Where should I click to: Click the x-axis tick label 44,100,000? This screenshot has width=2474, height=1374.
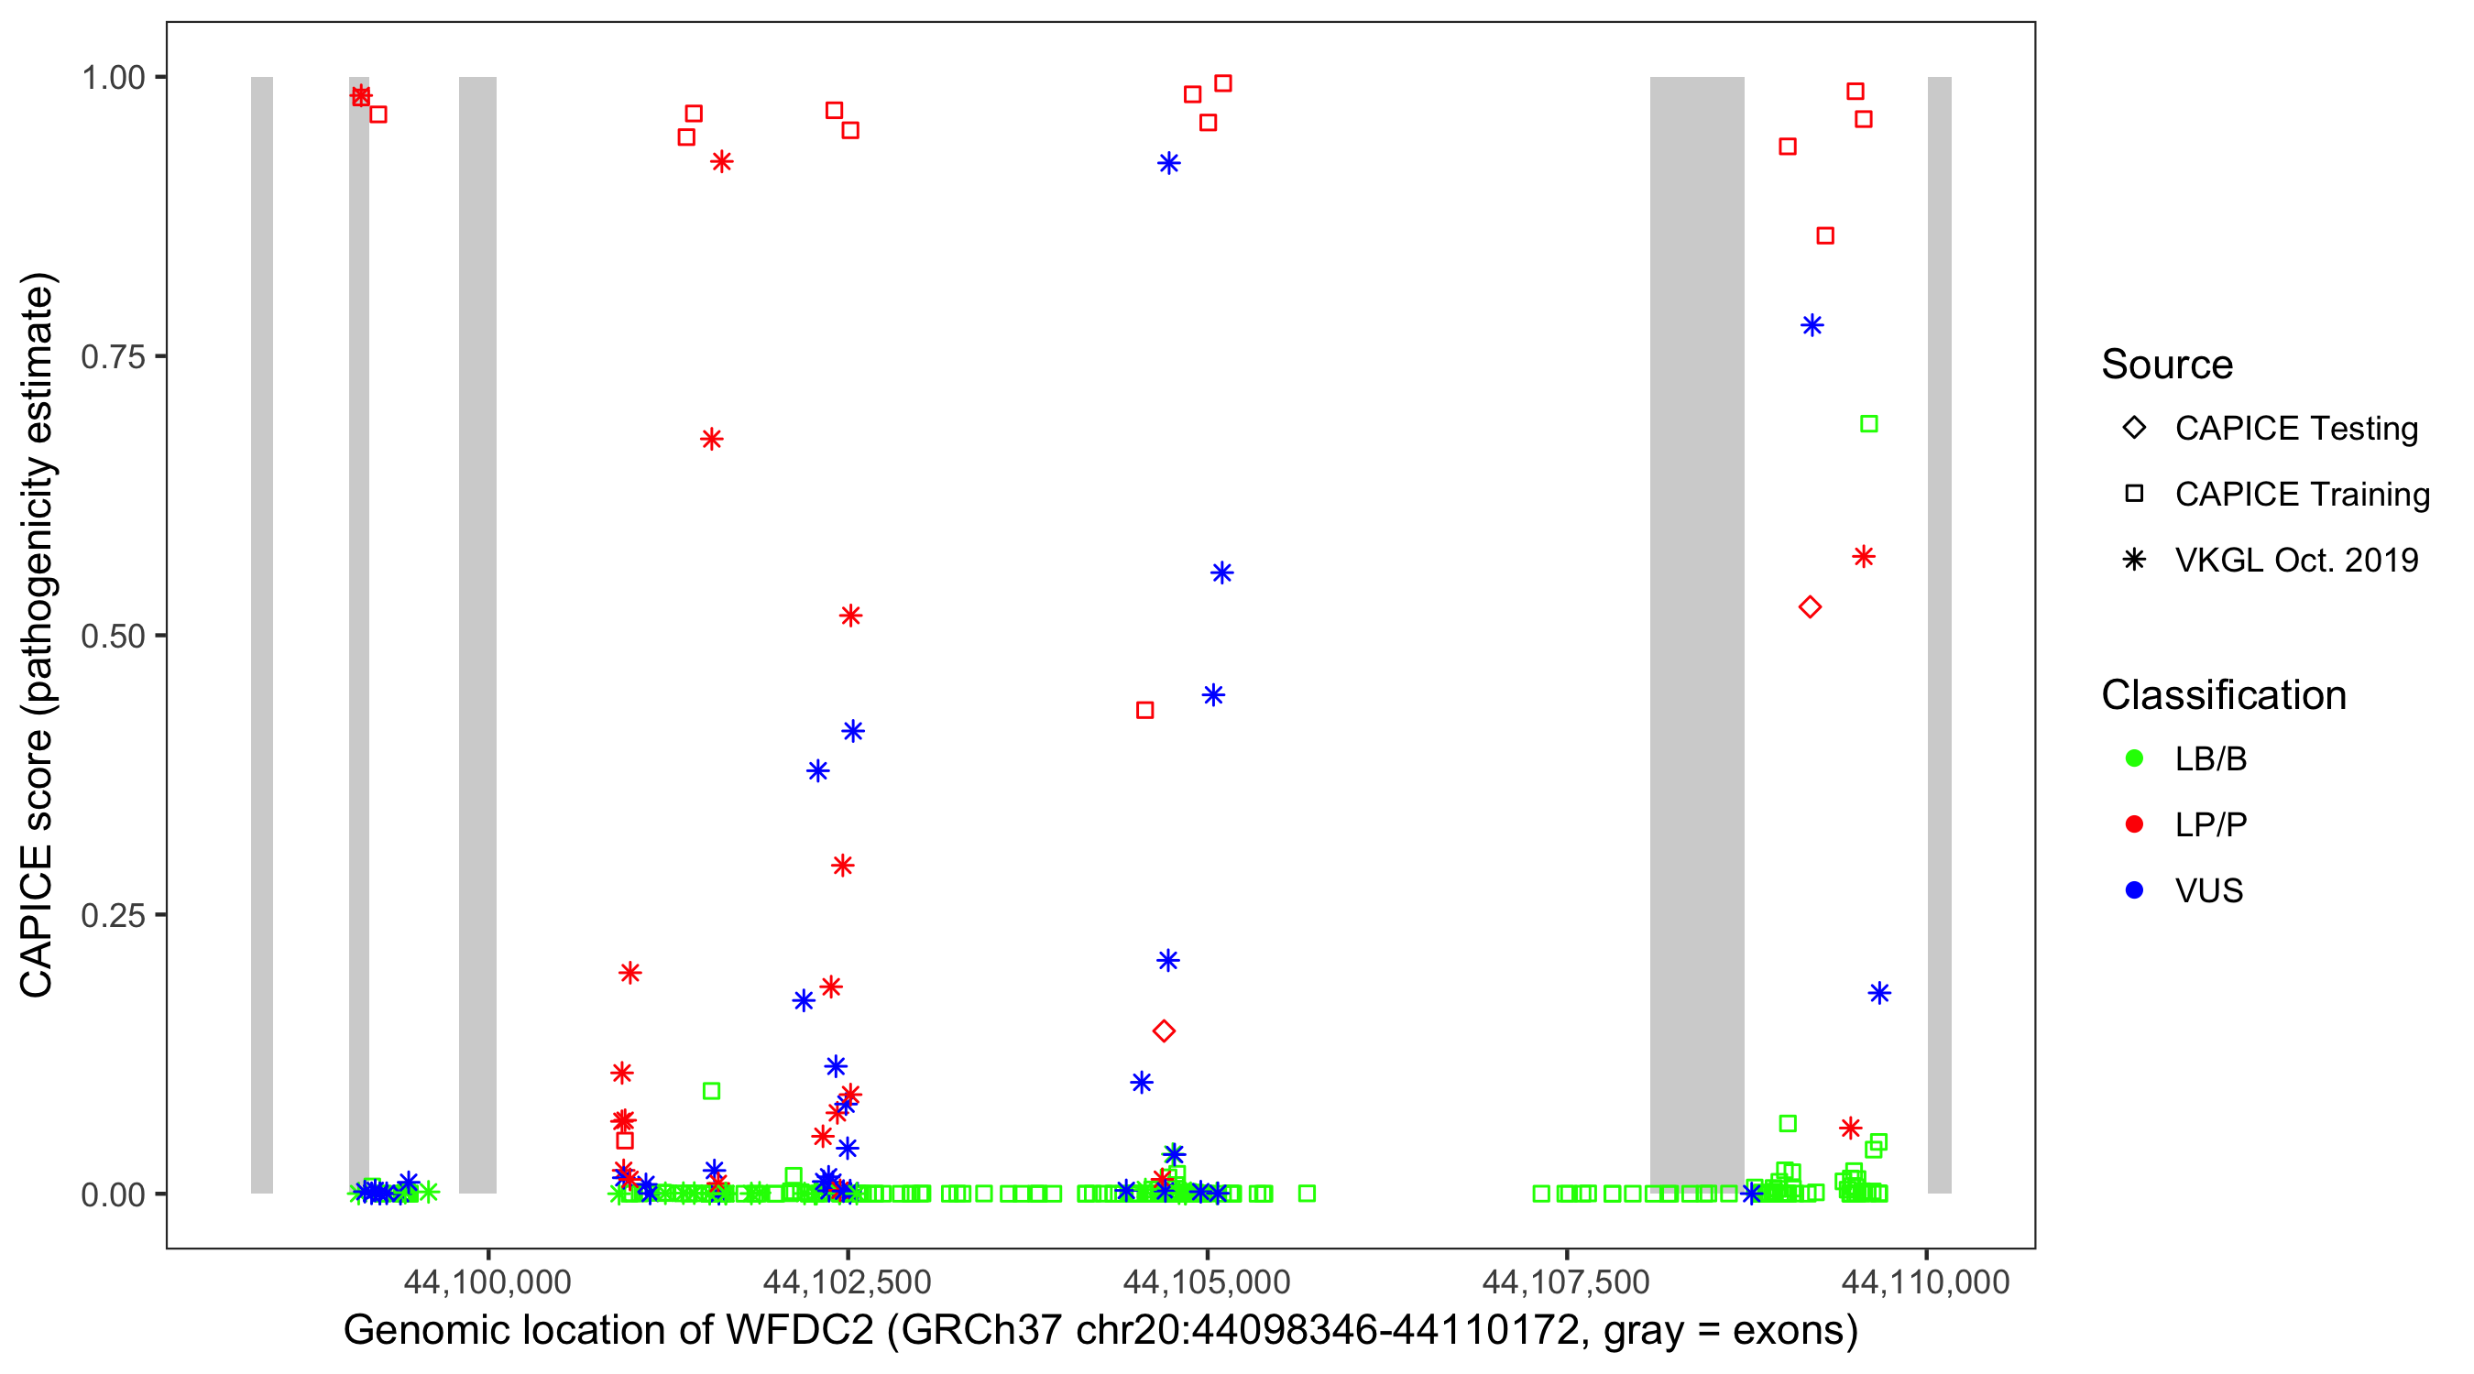pyautogui.click(x=487, y=1281)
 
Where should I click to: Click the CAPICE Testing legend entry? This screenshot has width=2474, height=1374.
pyautogui.click(x=2294, y=429)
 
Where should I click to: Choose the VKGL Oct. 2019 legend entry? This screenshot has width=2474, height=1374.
pyautogui.click(x=2294, y=560)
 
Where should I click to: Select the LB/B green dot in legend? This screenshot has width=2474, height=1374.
pyautogui.click(x=2134, y=758)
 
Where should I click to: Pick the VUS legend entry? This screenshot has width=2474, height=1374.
pyautogui.click(x=2208, y=891)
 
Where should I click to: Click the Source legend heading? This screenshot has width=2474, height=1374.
pyautogui.click(x=2166, y=365)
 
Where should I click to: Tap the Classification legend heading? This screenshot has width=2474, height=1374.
pyautogui.click(x=2222, y=695)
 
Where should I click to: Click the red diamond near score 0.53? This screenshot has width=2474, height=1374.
pyautogui.click(x=1810, y=606)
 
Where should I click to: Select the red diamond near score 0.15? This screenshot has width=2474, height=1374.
pyautogui.click(x=1163, y=1031)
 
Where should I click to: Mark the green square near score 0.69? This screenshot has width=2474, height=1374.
pyautogui.click(x=1868, y=423)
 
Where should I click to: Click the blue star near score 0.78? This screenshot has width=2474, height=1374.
pyautogui.click(x=1812, y=325)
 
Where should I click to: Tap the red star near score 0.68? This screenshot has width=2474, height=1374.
pyautogui.click(x=711, y=440)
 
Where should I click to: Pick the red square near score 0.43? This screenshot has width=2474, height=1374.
pyautogui.click(x=1144, y=711)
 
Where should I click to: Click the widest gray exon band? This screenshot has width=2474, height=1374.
pyautogui.click(x=1696, y=634)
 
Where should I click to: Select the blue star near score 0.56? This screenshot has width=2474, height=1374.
pyautogui.click(x=1221, y=573)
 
